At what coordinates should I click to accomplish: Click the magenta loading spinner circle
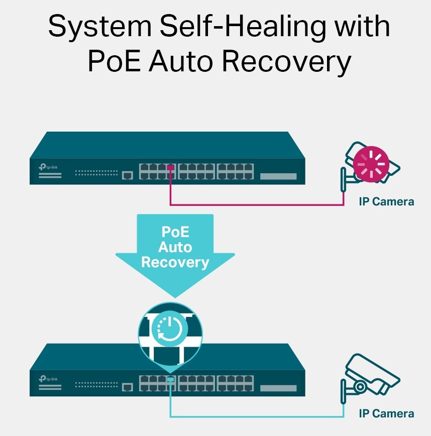(x=370, y=163)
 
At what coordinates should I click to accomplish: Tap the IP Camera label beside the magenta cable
(x=386, y=201)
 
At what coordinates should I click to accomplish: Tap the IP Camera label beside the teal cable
(x=386, y=413)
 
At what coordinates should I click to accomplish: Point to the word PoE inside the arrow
(x=175, y=232)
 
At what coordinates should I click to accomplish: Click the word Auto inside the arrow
(x=175, y=247)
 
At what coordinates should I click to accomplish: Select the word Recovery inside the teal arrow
(x=175, y=262)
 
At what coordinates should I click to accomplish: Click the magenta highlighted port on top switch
(x=171, y=167)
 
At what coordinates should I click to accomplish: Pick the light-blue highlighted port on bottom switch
(x=171, y=379)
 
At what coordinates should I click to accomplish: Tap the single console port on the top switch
(x=128, y=175)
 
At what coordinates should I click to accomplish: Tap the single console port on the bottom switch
(x=128, y=387)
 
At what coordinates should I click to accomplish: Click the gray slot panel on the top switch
(x=278, y=176)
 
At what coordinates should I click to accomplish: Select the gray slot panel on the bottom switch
(x=278, y=388)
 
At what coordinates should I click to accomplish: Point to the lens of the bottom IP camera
(x=360, y=387)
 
